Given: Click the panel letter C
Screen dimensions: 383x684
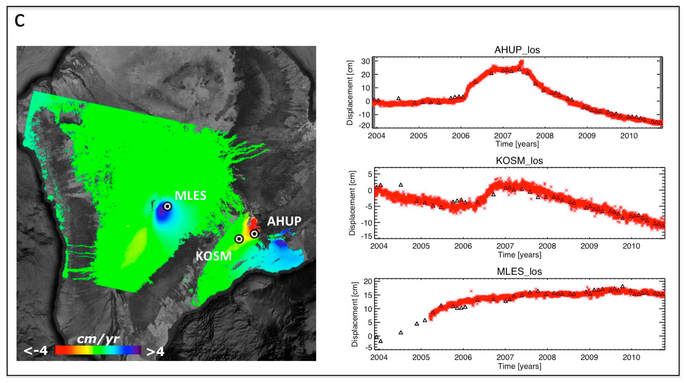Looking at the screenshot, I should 20,21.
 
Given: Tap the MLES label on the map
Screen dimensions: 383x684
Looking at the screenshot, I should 190,196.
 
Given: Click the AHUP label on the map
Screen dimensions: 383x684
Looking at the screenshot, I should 284,221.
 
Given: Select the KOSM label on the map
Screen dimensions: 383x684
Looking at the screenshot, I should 213,256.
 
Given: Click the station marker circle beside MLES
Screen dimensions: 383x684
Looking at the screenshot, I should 167,206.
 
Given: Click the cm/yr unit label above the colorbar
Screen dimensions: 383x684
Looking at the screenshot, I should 98,339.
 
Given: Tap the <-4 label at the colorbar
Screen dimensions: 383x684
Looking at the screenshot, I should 36,351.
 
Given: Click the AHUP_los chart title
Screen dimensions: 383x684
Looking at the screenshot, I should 517,50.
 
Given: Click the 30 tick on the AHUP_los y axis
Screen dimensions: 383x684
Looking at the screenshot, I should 365,61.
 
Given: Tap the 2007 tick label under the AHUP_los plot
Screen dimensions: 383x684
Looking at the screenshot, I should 502,136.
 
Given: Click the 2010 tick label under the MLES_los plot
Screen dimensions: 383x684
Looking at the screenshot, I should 631,357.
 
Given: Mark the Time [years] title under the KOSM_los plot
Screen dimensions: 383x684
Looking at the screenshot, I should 519,255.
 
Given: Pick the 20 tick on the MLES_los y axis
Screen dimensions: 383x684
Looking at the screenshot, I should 368,281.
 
